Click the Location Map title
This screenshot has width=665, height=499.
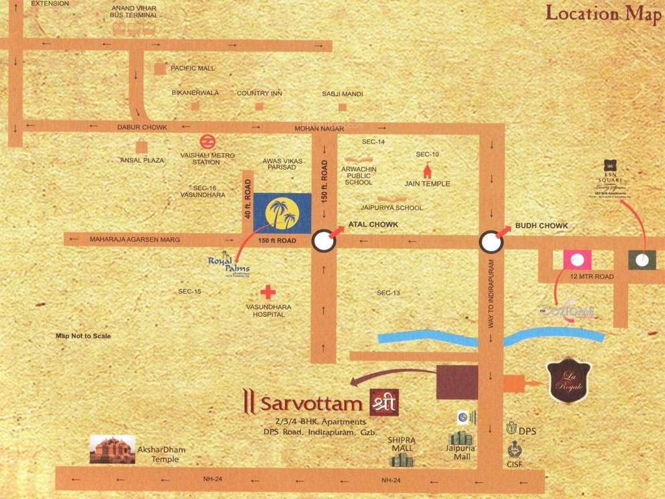coord(603,13)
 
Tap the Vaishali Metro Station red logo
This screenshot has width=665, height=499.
coord(207,142)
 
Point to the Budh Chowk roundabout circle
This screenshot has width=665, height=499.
coord(490,242)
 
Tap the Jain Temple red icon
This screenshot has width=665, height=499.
coord(427,171)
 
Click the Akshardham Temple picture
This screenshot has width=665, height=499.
coord(112,449)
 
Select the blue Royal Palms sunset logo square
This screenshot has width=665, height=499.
coord(281,212)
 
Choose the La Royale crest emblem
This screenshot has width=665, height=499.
coord(570,381)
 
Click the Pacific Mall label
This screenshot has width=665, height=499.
coord(192,68)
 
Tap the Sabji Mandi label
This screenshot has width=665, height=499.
coord(342,94)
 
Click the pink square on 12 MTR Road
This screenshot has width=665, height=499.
coord(577,260)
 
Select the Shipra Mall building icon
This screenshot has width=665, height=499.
coord(401,459)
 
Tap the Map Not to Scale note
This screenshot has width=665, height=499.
coord(83,336)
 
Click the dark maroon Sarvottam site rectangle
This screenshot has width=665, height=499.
coord(457,381)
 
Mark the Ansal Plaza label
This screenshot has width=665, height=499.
coord(142,160)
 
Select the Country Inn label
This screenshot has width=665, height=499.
coord(259,94)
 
